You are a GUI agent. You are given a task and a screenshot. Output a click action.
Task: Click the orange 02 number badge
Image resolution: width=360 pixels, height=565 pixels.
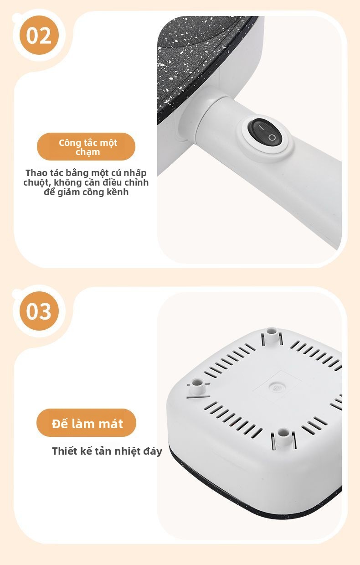(39, 35)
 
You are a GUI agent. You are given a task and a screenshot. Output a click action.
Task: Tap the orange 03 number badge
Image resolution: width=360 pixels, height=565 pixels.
(39, 311)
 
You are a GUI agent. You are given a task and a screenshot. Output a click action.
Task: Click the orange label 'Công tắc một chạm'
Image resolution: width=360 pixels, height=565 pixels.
(86, 146)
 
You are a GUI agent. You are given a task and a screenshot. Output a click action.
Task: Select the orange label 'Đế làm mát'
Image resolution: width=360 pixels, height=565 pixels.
(86, 424)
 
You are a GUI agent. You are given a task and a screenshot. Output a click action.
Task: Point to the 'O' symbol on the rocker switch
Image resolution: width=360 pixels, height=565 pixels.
(272, 137)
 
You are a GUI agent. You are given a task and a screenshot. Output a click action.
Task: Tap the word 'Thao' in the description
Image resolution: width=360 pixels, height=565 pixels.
(36, 173)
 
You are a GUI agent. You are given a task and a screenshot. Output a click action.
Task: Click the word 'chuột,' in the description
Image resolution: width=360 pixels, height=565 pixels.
(37, 182)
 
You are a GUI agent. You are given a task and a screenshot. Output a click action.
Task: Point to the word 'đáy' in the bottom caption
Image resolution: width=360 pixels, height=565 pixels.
(153, 451)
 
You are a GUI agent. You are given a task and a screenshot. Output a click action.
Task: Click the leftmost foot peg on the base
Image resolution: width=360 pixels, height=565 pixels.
(197, 387)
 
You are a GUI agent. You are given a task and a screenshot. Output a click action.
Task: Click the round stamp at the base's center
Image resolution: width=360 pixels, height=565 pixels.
(276, 388)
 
